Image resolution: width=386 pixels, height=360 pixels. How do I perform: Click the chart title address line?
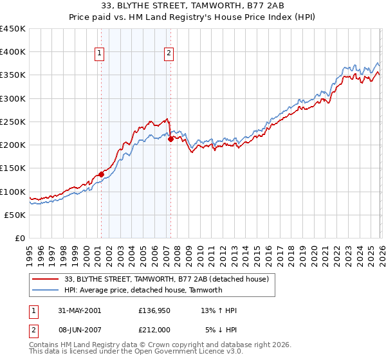[192, 7]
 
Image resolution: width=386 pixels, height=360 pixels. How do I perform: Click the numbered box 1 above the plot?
[100, 54]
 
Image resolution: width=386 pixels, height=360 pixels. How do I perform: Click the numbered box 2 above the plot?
[169, 54]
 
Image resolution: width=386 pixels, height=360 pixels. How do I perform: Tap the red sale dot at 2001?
[102, 174]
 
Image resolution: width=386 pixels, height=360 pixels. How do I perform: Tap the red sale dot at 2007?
[170, 139]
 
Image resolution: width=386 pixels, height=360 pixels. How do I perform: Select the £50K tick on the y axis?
[15, 215]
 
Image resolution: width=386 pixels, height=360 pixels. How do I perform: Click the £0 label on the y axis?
[19, 238]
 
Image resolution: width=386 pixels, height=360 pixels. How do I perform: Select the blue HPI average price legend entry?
[143, 290]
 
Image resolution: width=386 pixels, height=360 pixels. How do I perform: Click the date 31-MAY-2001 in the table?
[79, 310]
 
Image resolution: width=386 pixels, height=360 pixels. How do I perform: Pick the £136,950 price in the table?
[154, 310]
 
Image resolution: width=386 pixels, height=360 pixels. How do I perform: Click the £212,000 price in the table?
[154, 330]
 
